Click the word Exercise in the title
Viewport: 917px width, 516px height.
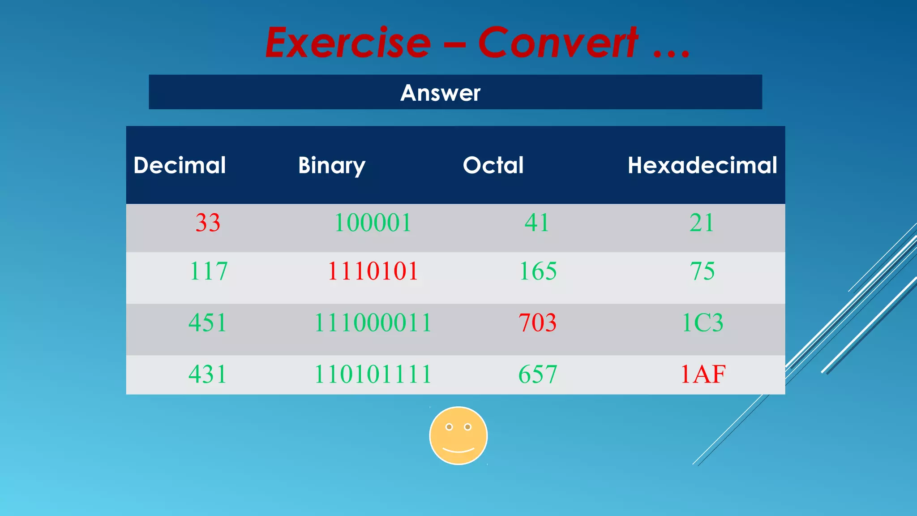pyautogui.click(x=348, y=43)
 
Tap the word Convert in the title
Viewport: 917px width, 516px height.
pyautogui.click(x=558, y=43)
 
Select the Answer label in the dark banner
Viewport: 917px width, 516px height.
pyautogui.click(x=440, y=93)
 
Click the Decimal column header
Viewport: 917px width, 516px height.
pyautogui.click(x=180, y=165)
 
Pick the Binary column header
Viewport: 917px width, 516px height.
pyautogui.click(x=332, y=166)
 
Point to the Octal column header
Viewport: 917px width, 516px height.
pyautogui.click(x=493, y=165)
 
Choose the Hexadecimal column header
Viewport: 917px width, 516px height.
pyautogui.click(x=702, y=165)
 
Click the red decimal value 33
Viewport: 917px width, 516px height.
pyautogui.click(x=208, y=223)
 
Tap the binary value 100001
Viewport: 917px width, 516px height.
pyautogui.click(x=373, y=223)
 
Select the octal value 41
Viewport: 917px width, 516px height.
pyautogui.click(x=537, y=223)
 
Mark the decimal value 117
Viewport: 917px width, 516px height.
pyautogui.click(x=208, y=271)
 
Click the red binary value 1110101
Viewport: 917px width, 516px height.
pyautogui.click(x=373, y=271)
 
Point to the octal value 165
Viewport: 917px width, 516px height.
pyautogui.click(x=538, y=271)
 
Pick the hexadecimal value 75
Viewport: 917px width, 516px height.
pyautogui.click(x=702, y=271)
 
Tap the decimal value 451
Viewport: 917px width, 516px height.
pyautogui.click(x=208, y=322)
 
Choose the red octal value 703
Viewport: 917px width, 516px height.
pyautogui.click(x=538, y=322)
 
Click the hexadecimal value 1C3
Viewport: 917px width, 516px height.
pyautogui.click(x=702, y=322)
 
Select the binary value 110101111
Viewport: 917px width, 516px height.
pyautogui.click(x=373, y=374)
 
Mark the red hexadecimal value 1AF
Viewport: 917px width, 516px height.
pyautogui.click(x=703, y=374)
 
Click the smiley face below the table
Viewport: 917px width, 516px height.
pyautogui.click(x=458, y=435)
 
